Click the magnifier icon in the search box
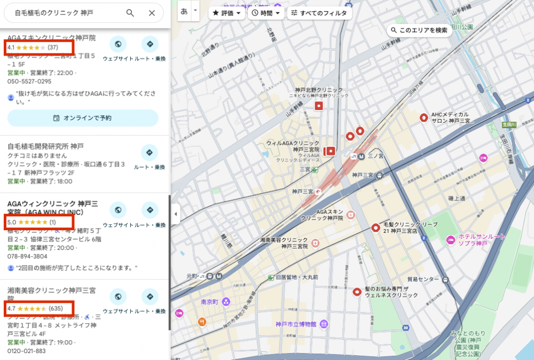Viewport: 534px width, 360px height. pos(130,13)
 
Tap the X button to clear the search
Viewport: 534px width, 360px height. pos(152,13)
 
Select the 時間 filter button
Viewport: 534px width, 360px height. pos(265,13)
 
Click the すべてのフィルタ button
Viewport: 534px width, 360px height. pos(319,13)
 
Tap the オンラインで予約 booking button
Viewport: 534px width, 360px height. pos(83,118)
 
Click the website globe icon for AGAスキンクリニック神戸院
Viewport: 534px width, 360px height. pos(117,44)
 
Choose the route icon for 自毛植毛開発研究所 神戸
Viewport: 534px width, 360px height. pos(150,153)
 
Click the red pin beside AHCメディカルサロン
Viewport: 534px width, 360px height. pos(424,118)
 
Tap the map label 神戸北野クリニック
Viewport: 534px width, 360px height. pos(318,90)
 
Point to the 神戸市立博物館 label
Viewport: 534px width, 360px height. pos(296,324)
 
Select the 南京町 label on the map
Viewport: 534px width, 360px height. pos(210,302)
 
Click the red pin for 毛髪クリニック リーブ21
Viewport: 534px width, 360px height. pos(375,228)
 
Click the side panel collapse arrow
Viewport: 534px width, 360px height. pos(176,214)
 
